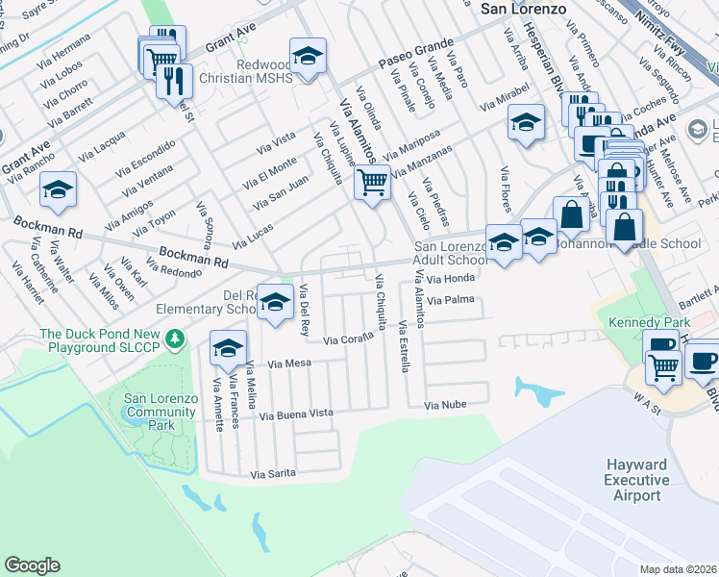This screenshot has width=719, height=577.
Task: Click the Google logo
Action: click(32, 565)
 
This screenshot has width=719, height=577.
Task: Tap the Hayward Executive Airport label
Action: click(636, 480)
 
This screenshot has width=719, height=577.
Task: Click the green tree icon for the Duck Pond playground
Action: click(175, 339)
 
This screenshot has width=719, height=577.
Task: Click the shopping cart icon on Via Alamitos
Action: click(372, 181)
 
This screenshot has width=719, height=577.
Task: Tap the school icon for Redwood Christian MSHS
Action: click(309, 57)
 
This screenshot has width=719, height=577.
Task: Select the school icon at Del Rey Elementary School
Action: click(276, 304)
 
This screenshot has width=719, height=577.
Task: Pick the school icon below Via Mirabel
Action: click(526, 123)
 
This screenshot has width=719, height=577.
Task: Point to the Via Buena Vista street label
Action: click(296, 414)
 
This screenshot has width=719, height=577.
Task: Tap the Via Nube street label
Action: click(446, 406)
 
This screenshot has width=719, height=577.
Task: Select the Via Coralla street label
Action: click(346, 339)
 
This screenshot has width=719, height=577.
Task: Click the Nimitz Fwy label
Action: click(666, 33)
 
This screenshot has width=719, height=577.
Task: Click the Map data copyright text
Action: click(679, 569)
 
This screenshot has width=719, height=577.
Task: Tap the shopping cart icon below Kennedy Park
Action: click(663, 364)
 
